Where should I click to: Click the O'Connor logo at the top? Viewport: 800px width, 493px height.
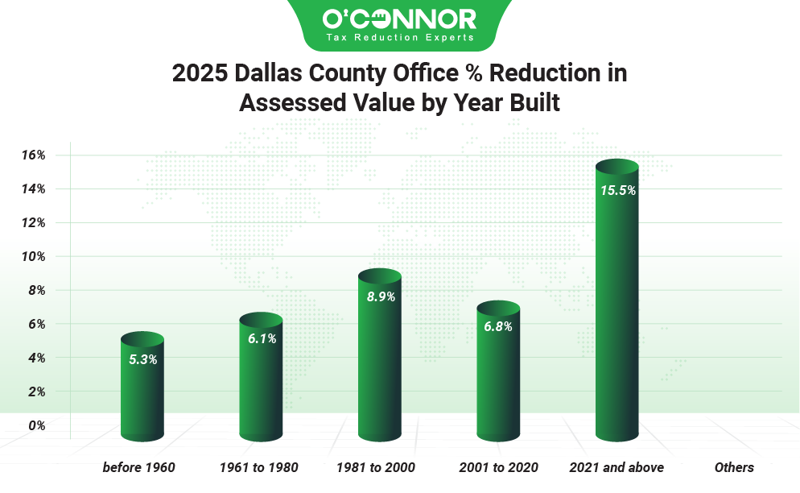[x=399, y=18]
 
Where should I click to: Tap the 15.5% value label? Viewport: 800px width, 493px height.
[x=617, y=191]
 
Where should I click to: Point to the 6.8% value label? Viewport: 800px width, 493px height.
[x=498, y=326]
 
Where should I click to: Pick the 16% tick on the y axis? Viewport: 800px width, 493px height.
[x=32, y=155]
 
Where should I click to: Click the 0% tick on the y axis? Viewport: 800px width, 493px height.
[x=36, y=425]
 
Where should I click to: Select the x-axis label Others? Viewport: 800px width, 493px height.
[x=734, y=467]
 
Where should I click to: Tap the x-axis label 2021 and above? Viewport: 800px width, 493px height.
[x=616, y=467]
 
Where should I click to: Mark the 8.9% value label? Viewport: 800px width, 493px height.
[x=381, y=296]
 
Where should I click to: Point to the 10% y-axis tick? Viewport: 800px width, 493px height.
[x=32, y=256]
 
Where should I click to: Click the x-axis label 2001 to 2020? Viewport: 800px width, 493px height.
[x=498, y=467]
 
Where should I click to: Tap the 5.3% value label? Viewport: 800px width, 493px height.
[x=142, y=359]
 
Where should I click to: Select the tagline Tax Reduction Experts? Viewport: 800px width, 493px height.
[x=400, y=38]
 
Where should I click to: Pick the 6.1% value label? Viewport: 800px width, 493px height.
[x=262, y=339]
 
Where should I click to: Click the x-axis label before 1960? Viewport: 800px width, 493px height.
[x=138, y=467]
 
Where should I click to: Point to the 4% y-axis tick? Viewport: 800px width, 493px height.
[x=36, y=358]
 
